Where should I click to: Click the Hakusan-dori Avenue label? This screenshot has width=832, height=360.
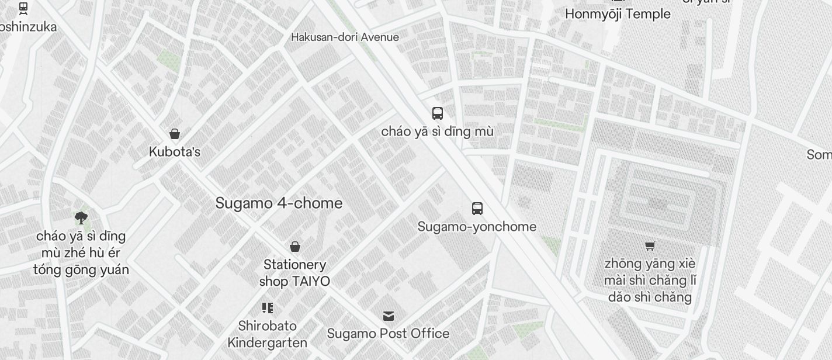345,37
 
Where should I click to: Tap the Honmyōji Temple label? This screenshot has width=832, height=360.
618,14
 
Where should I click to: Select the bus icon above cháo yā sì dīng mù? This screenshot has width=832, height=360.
438,113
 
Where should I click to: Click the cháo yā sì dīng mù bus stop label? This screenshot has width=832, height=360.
437,131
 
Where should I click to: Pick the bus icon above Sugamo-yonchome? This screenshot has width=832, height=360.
477,209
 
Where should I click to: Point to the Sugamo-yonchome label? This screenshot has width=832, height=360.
477,227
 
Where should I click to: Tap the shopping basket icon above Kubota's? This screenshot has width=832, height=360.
174,134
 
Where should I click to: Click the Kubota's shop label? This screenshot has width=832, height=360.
174,152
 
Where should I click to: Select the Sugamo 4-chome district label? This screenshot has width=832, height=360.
279,203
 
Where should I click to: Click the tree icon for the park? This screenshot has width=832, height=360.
81,219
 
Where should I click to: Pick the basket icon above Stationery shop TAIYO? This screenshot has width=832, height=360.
295,247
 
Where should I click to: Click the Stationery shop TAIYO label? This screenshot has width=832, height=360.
294,273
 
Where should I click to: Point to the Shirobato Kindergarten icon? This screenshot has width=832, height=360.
268,308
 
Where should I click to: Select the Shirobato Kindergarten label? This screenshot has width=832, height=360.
268,334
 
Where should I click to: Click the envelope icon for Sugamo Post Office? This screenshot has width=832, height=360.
389,316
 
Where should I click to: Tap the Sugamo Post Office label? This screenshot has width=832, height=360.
388,334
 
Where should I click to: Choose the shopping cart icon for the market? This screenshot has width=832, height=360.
650,245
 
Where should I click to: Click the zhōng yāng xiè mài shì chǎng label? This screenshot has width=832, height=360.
650,281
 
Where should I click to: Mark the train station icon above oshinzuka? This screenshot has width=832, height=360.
23,9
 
